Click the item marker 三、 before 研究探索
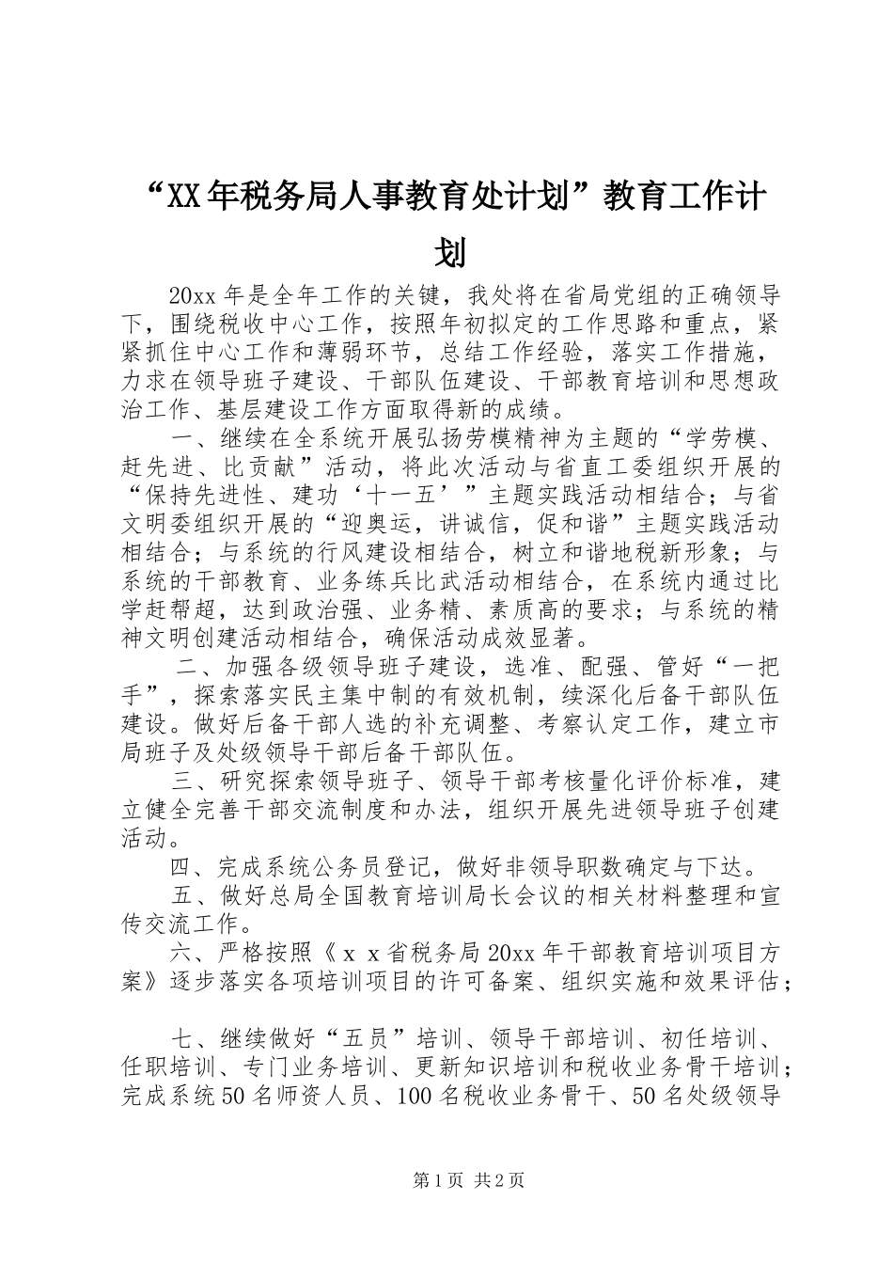pos(194,782)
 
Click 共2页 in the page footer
pos(500,1181)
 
